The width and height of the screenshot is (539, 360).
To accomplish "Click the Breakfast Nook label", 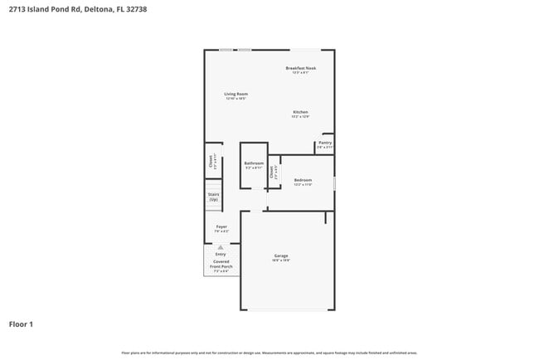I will (300, 68).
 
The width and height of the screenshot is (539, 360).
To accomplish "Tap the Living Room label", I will (236, 94).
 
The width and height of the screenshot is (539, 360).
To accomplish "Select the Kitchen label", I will (300, 112).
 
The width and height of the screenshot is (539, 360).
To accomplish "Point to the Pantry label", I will (325, 142).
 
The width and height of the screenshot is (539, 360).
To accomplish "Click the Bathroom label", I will (254, 163).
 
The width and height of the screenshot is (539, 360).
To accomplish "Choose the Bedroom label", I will (303, 179).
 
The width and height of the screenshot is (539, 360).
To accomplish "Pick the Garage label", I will (281, 255).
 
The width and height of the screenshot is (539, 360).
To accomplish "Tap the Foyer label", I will (221, 226).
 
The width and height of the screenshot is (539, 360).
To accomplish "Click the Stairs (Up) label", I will (213, 197).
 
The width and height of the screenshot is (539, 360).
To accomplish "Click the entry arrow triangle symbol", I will (221, 247).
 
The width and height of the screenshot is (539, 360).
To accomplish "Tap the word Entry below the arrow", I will (221, 254).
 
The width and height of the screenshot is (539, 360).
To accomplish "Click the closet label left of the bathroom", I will (211, 162).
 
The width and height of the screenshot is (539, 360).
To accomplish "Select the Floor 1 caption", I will (21, 324).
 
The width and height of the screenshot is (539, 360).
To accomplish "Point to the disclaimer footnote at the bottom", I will (269, 353).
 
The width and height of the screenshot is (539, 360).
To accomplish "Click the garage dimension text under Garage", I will (281, 260).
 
